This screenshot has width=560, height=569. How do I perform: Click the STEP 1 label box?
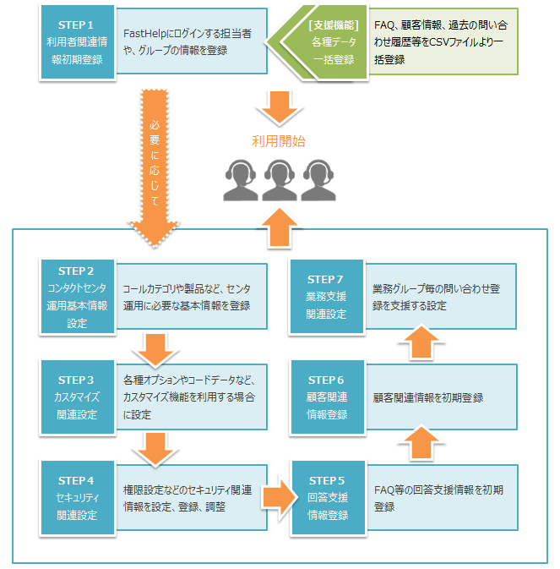[x=77, y=41]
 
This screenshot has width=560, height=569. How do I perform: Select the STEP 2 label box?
[x=77, y=296]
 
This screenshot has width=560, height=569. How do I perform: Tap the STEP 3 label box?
[x=77, y=397]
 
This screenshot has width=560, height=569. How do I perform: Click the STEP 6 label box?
[x=327, y=397]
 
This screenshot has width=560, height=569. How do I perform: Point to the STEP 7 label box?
[x=327, y=296]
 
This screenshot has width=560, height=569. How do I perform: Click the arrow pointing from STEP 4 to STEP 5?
[x=279, y=497]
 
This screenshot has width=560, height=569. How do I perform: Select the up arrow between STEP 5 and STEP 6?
[x=420, y=446]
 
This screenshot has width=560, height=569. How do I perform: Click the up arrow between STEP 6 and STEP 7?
[x=420, y=346]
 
